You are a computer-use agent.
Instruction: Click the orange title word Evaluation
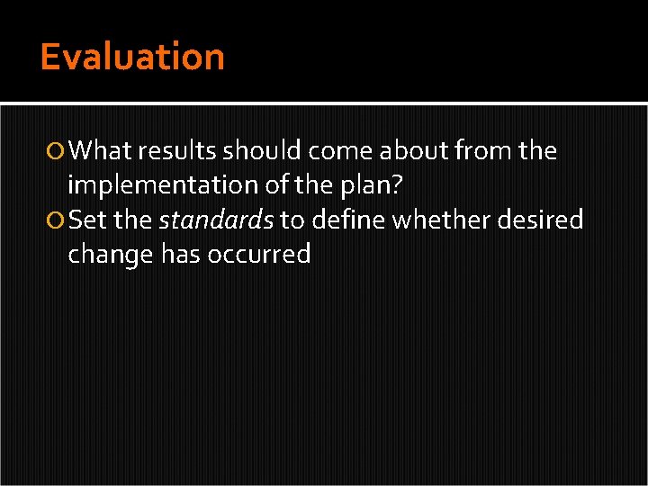tap(132, 57)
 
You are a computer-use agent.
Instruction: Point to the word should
tap(261, 150)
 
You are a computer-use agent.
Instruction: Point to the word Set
tap(87, 220)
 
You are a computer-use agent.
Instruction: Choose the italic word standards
tap(216, 220)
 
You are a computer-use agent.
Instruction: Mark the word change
tap(111, 255)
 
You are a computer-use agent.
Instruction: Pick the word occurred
tap(259, 255)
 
